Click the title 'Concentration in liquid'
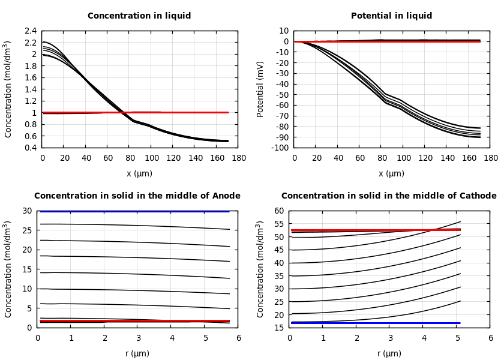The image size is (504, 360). [x=139, y=16]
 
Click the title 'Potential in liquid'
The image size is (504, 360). [x=391, y=16]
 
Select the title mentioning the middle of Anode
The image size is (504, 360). [x=137, y=196]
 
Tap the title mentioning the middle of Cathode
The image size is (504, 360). [x=389, y=196]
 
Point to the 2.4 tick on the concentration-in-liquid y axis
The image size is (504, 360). [x=30, y=31]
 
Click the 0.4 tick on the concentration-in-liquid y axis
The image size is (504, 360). [x=30, y=148]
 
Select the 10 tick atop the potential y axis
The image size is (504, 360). [x=283, y=31]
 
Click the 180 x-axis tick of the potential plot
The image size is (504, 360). [x=490, y=158]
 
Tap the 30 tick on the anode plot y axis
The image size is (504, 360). [x=27, y=211]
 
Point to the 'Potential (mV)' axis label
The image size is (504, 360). [x=260, y=89]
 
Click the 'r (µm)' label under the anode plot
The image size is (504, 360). [x=137, y=353]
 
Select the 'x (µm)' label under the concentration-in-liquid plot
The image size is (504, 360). [x=139, y=173]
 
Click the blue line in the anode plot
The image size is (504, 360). [x=138, y=211]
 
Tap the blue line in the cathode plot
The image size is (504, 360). [x=372, y=323]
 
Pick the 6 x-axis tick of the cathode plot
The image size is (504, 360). [x=490, y=338]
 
